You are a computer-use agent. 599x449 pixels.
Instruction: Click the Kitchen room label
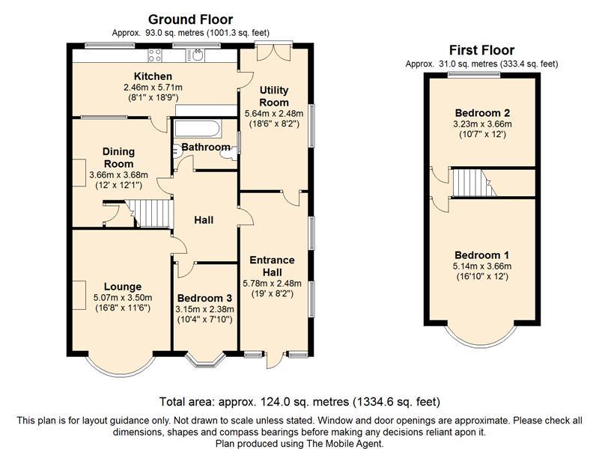click(x=153, y=76)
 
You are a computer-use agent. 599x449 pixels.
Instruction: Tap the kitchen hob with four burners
click(x=155, y=55)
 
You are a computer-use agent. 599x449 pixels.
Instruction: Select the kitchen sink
click(x=195, y=55)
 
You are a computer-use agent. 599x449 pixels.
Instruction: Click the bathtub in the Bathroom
click(x=197, y=129)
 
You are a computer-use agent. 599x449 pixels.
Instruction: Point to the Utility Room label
click(x=274, y=97)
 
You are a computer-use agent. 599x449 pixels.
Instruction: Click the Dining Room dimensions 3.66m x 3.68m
click(x=118, y=175)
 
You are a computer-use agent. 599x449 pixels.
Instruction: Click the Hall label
click(x=204, y=220)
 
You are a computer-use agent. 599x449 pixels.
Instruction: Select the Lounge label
click(x=123, y=287)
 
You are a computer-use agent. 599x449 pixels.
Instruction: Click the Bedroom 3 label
click(x=204, y=298)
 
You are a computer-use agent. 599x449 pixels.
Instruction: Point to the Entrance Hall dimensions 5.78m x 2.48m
click(x=272, y=284)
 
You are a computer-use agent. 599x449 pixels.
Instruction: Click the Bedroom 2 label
click(x=482, y=113)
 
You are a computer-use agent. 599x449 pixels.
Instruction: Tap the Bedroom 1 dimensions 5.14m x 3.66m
click(x=482, y=266)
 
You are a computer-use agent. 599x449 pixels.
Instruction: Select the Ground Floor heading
click(x=191, y=19)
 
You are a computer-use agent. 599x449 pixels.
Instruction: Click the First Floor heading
click(x=481, y=50)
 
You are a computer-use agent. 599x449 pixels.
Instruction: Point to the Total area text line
click(x=299, y=402)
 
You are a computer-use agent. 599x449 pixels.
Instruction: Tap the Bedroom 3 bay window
click(x=204, y=360)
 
